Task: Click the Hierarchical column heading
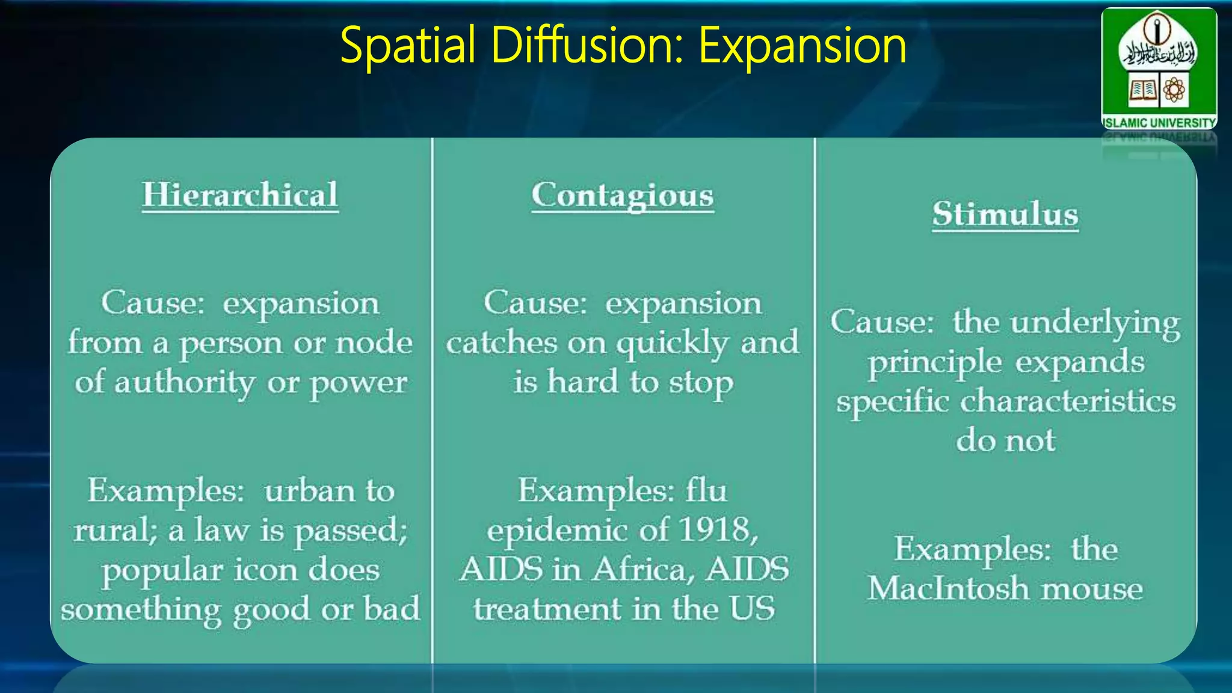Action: coord(240,195)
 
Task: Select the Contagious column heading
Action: coord(623,196)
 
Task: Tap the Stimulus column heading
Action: coord(1005,214)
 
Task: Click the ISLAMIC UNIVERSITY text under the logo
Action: coord(1159,123)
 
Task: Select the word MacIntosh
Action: coord(949,588)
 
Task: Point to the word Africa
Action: coord(639,569)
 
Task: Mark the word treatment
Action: coord(547,609)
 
